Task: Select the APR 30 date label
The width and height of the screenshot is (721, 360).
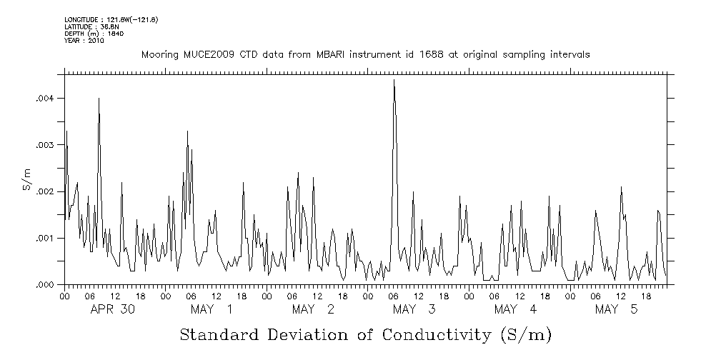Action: point(113,309)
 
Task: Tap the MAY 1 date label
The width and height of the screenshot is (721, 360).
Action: point(212,309)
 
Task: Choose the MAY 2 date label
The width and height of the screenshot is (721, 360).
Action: point(313,309)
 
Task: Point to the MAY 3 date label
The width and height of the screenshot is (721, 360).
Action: point(414,309)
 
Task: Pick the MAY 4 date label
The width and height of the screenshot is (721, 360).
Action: point(515,309)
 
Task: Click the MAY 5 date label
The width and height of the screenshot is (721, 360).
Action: point(616,309)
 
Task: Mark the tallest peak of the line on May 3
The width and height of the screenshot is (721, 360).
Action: point(394,81)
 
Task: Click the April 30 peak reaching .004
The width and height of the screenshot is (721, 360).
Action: point(99,99)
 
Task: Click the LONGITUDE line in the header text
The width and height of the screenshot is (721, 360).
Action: point(111,19)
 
